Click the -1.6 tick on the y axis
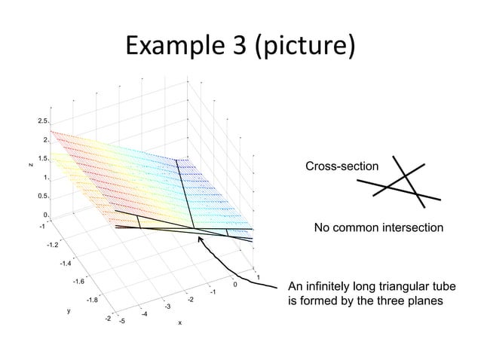pyautogui.click(x=78, y=282)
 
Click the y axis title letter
pyautogui.click(x=68, y=310)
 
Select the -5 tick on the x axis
pyautogui.click(x=122, y=320)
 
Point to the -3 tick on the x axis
pyautogui.click(x=167, y=306)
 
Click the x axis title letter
pyautogui.click(x=179, y=324)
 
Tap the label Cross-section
pyautogui.click(x=342, y=166)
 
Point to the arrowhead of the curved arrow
pyautogui.click(x=201, y=240)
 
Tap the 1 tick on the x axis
pyautogui.click(x=259, y=279)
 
